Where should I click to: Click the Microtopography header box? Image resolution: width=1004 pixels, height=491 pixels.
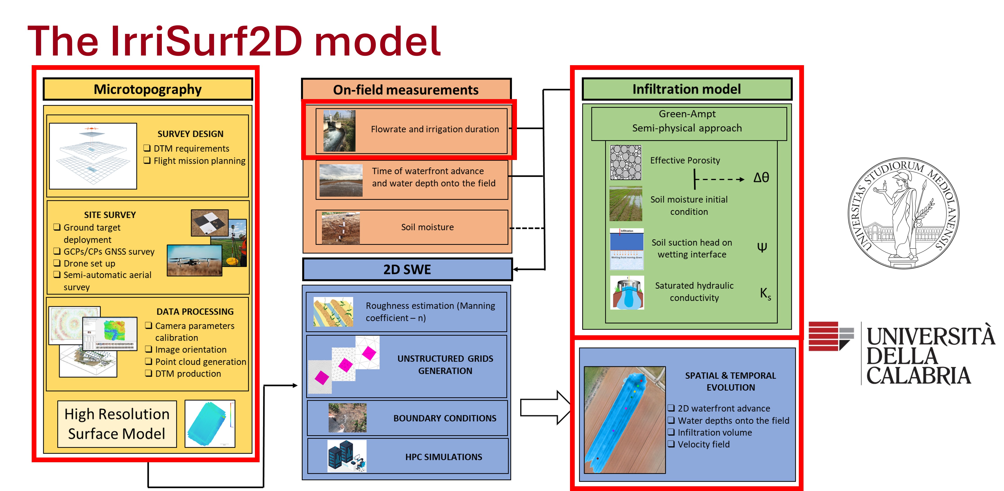148,89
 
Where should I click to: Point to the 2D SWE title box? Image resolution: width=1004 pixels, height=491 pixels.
407,269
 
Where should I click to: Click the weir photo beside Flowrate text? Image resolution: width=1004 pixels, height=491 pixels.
339,131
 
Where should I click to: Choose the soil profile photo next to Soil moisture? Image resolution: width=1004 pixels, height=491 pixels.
340,228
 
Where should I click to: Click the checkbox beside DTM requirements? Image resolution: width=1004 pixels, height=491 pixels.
147,148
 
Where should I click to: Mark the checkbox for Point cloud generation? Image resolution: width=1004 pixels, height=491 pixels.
149,361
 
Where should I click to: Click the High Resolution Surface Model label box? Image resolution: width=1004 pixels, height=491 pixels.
117,424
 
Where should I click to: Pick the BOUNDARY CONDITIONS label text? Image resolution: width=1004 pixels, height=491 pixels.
445,418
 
